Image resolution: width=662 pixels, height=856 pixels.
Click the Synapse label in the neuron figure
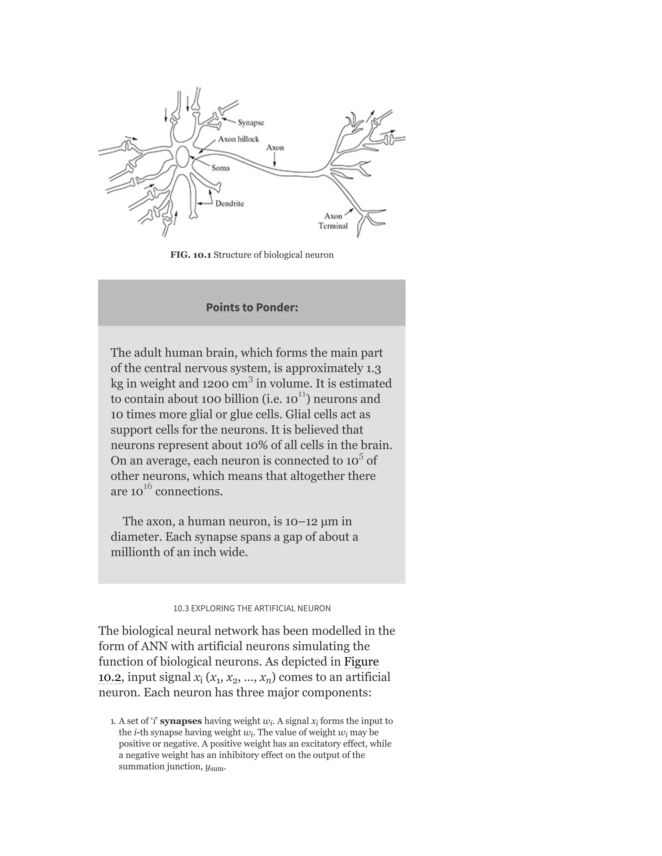(x=251, y=123)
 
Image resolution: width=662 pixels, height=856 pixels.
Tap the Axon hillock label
(x=239, y=139)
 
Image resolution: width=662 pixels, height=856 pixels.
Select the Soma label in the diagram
(x=220, y=168)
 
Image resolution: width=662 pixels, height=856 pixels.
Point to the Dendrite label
(x=230, y=204)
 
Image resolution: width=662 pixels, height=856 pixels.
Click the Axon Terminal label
(x=333, y=221)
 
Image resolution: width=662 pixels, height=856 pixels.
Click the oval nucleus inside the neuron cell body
(x=182, y=157)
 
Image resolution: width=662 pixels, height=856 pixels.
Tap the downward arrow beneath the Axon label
(x=274, y=160)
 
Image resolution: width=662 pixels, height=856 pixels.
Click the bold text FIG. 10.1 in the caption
(x=191, y=255)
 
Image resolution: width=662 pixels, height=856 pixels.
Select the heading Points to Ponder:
(x=252, y=307)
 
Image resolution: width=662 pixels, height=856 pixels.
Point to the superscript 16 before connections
(x=147, y=486)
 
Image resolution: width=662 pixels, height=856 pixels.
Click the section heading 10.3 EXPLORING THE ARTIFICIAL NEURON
(x=252, y=608)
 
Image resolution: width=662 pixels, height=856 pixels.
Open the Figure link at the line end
(x=361, y=662)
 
